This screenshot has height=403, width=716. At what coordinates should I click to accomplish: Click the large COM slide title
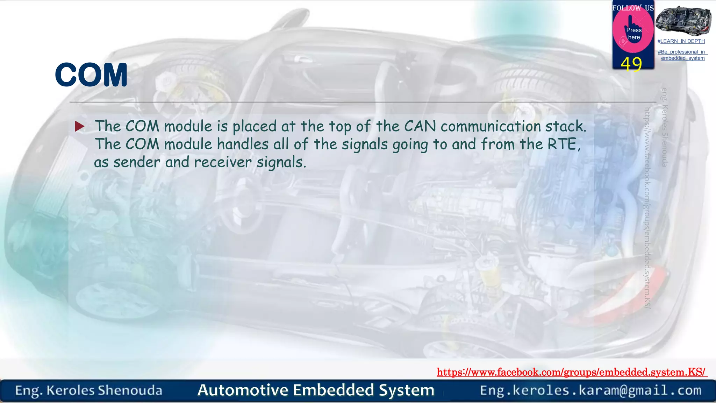coord(91,75)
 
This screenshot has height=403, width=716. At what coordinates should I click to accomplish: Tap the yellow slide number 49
coord(631,64)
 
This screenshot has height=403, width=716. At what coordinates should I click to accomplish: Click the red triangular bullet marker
coord(80,126)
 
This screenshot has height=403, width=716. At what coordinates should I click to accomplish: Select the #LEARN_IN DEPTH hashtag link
coord(681,41)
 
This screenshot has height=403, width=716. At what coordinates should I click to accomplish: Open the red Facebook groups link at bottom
coord(572,372)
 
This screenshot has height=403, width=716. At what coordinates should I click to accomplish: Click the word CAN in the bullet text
coord(420,126)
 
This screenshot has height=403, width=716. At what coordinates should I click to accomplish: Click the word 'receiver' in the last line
coord(223,162)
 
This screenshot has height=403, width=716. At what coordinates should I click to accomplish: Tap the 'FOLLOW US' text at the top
coord(633,8)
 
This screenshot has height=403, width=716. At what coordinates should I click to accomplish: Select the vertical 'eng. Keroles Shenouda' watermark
coord(665,127)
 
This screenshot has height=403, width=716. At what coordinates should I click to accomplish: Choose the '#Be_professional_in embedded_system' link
coord(682,55)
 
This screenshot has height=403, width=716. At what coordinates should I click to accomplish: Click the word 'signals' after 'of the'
coord(365,144)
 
